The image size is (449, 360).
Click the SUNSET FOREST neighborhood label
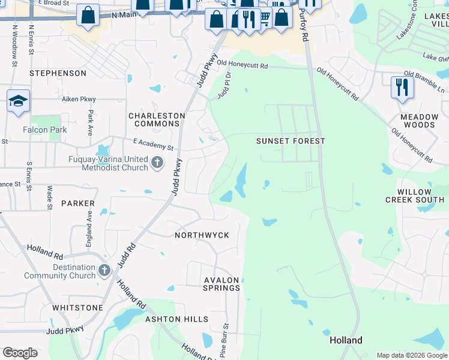point(291,141)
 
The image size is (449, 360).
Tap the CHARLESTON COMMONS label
point(154,119)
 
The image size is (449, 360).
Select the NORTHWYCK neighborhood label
point(202,235)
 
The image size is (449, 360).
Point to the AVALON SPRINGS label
point(222,284)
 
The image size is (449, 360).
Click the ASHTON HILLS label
point(177,319)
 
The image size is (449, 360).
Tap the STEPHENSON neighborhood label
point(59,73)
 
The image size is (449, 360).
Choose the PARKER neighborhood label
point(78,203)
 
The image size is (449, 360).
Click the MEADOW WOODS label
point(419,121)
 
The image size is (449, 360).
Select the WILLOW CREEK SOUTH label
point(415,196)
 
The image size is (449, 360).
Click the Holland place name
point(346,340)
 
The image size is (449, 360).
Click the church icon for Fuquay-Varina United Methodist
point(157,162)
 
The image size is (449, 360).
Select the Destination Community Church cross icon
point(104,271)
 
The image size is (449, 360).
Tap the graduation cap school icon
point(18,101)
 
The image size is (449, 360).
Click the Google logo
point(20,353)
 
